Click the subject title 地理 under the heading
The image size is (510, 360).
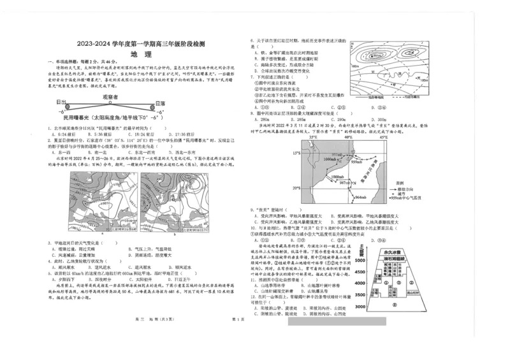click(140, 54)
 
